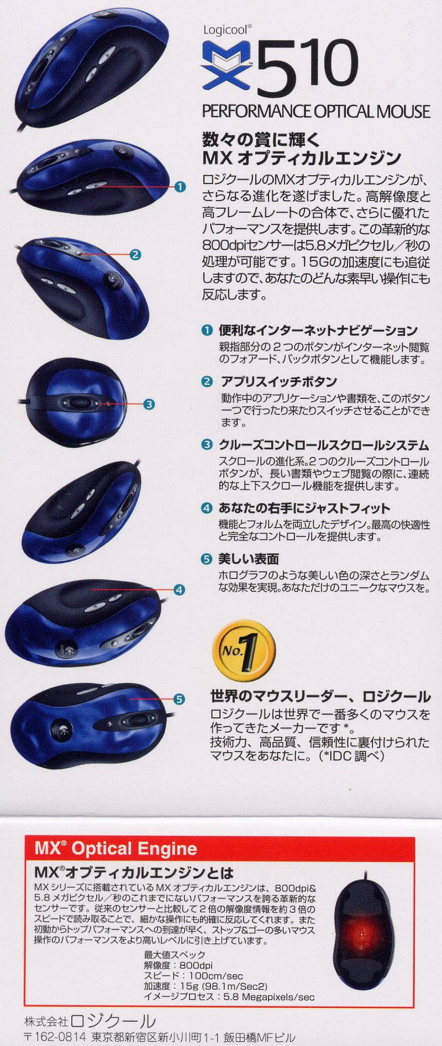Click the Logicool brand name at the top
pos(228,30)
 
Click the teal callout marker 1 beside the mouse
pos(180,187)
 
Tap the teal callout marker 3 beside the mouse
pos(149,404)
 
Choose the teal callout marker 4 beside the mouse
pos(179,590)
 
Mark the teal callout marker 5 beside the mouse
pos(179,699)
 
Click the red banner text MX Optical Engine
pos(115,848)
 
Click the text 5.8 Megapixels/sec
pos(269,997)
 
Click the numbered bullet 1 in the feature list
pos(207,330)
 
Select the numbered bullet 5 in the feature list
pos(207,559)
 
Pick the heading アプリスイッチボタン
pos(278,381)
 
